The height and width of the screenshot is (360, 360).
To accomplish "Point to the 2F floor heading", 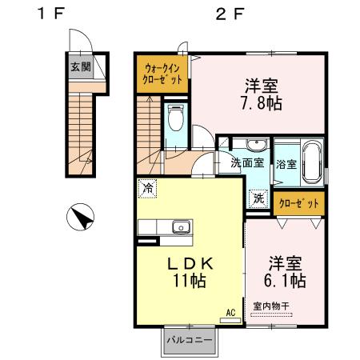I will coord(227,14).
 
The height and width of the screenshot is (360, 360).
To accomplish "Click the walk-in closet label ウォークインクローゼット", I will coord(162,74).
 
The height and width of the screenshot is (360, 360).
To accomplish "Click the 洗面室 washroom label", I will coord(248,163).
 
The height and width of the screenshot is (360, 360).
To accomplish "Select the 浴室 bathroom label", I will coord(286,164).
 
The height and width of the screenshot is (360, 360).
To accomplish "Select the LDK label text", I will coord(191,262).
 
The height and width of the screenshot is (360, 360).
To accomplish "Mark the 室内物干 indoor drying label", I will coord(272,305).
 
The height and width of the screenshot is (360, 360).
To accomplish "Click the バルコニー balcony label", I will coord(189,341).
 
